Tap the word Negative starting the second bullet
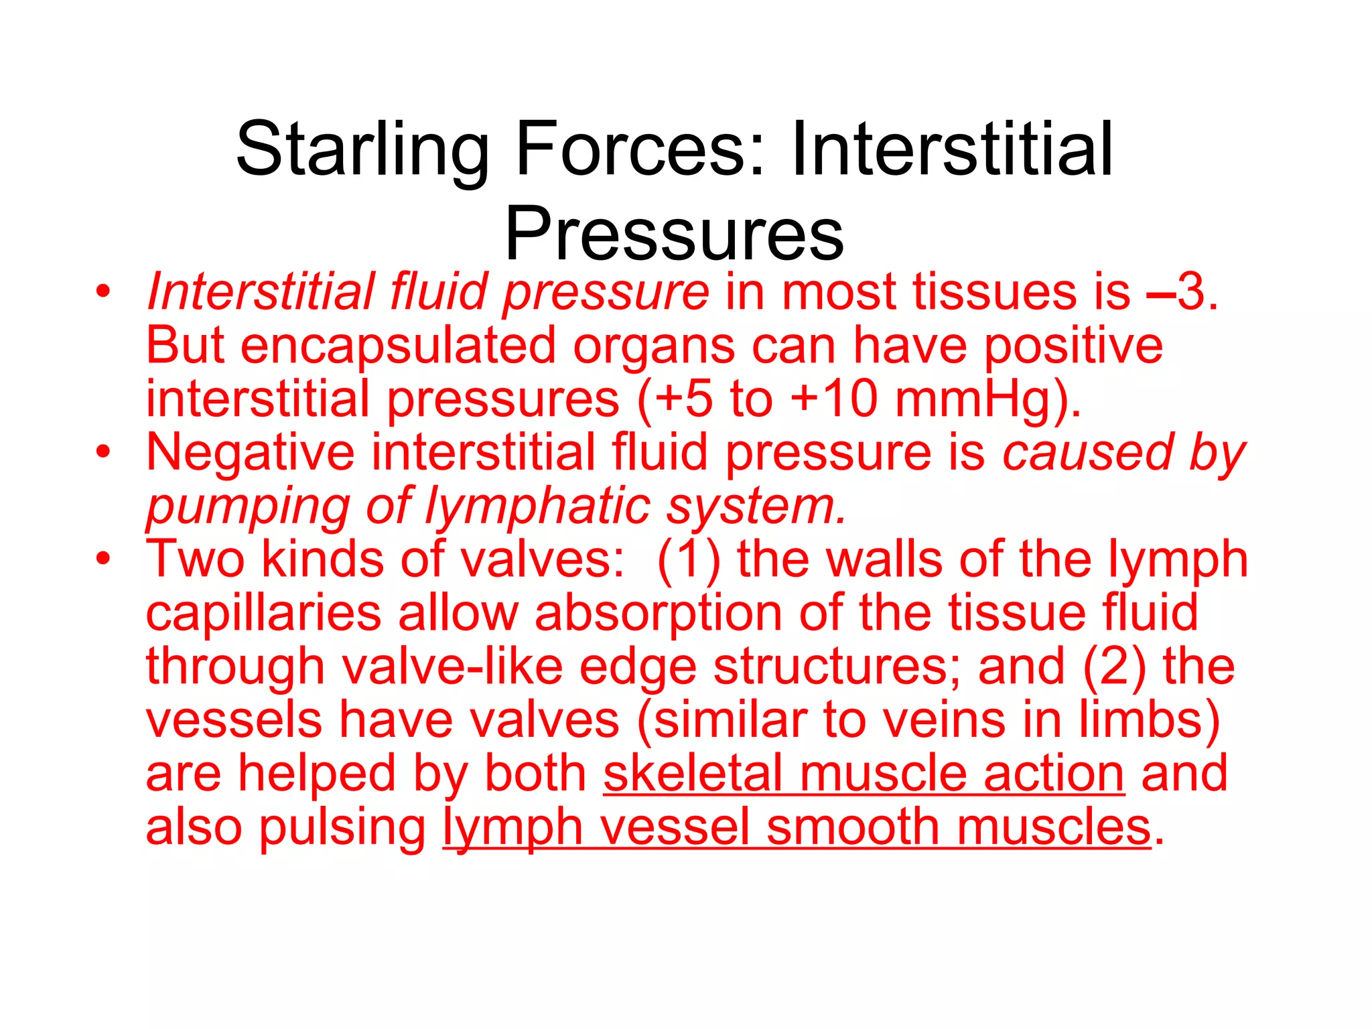tap(250, 453)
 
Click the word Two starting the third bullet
tap(195, 559)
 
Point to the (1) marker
tap(689, 561)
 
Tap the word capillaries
tap(263, 614)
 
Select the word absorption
tap(657, 614)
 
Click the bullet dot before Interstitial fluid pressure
tap(102, 293)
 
